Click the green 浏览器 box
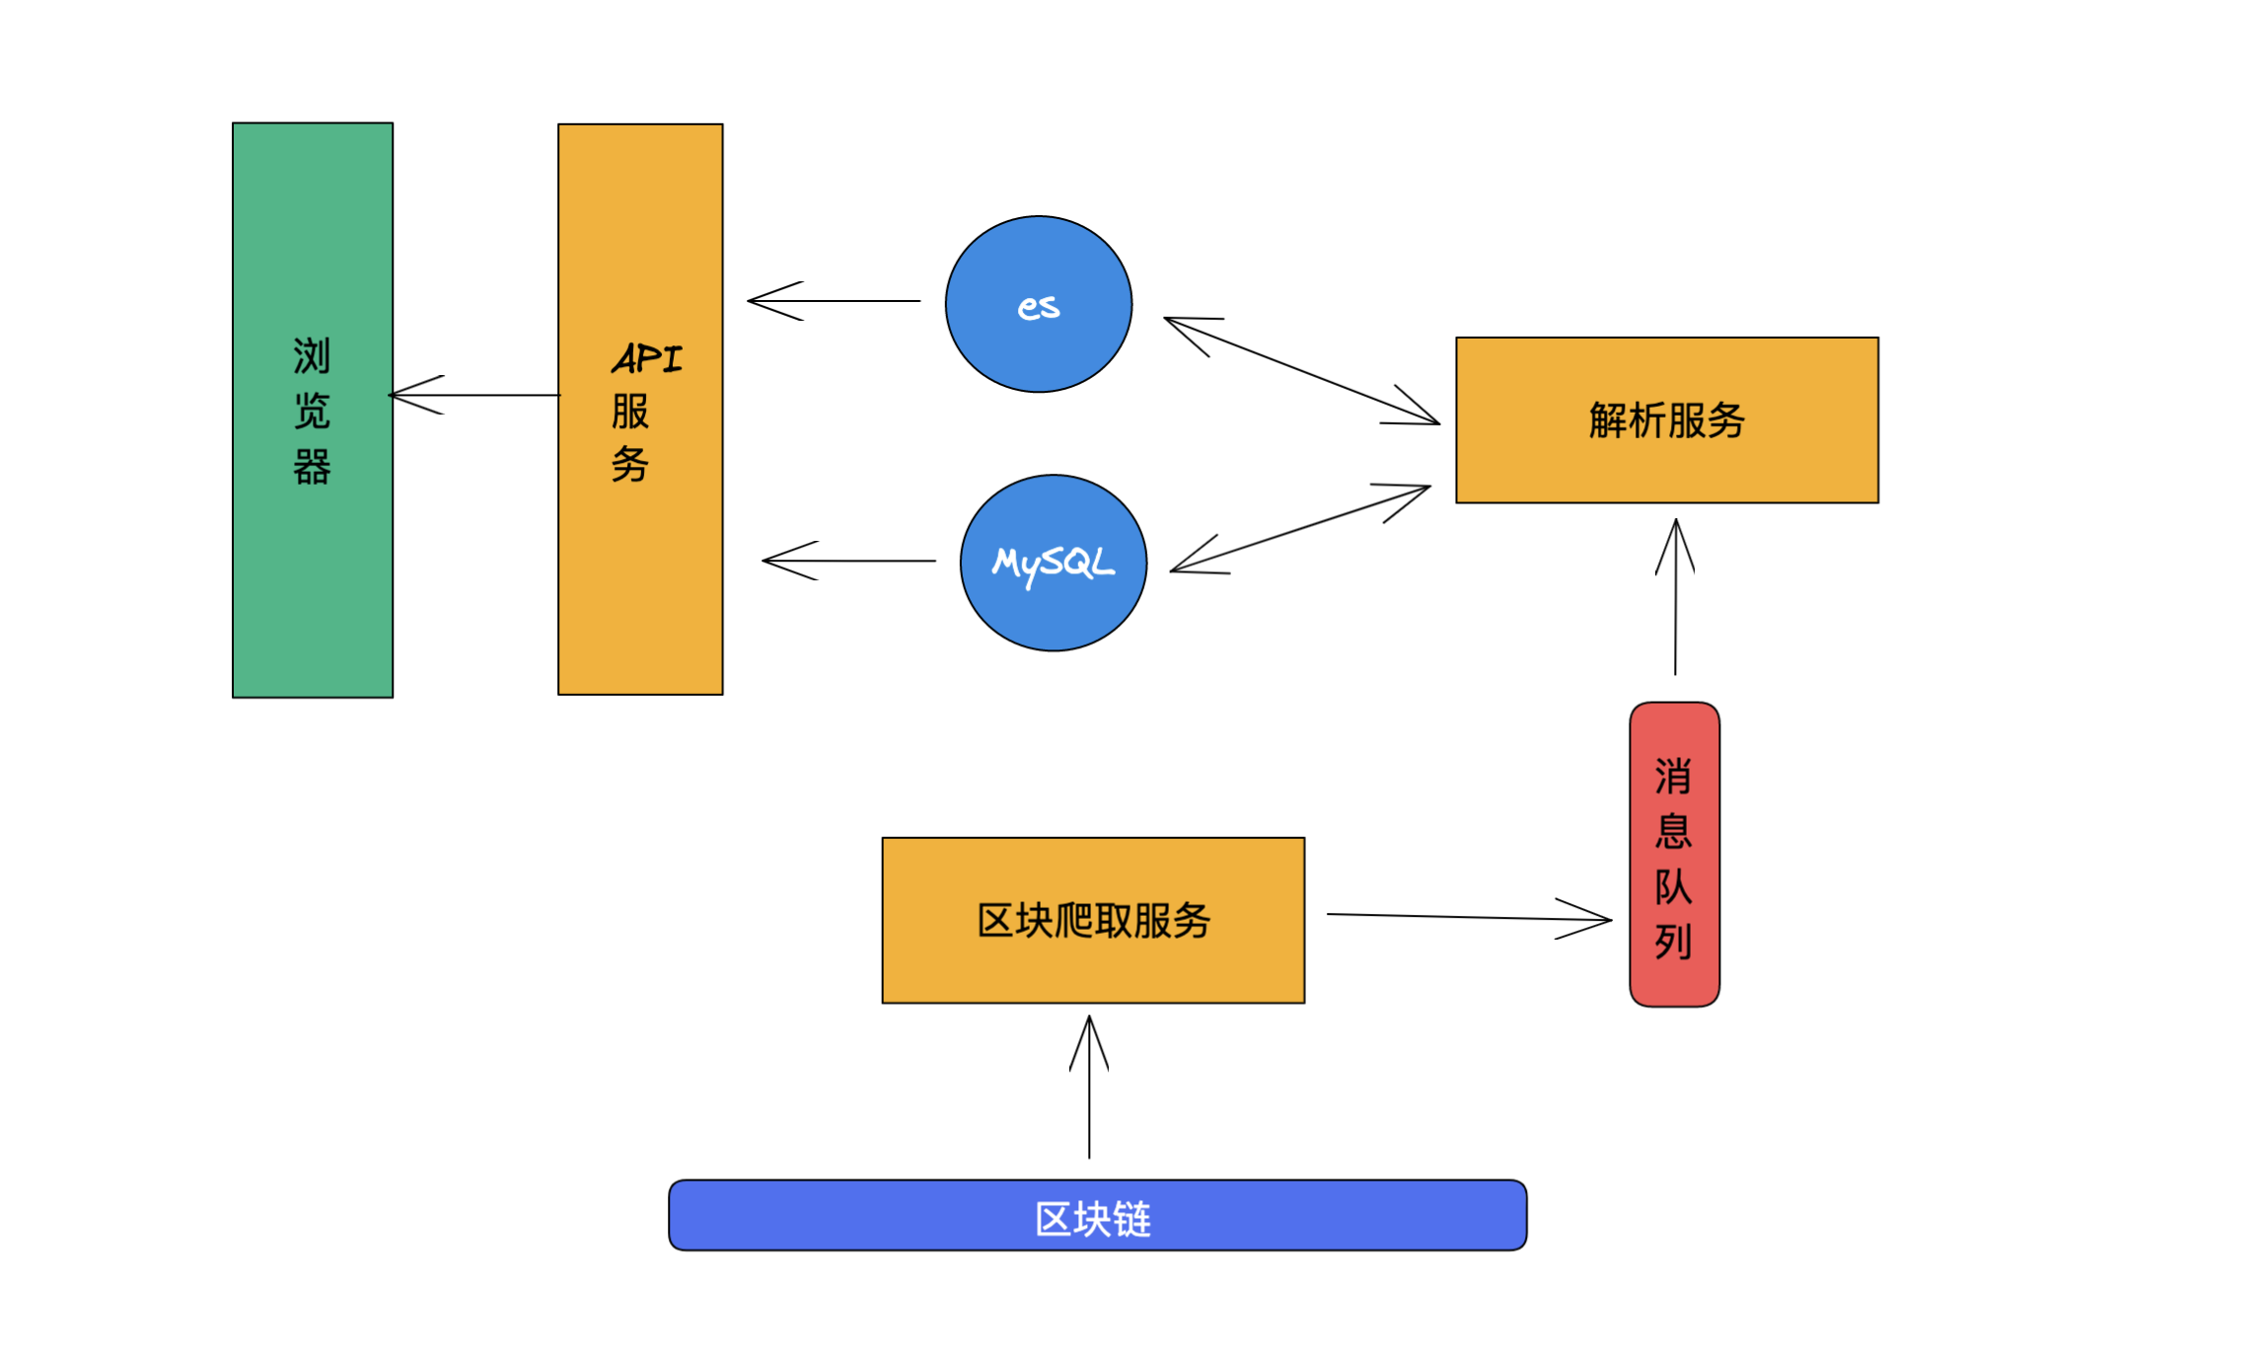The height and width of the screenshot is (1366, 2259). coord(313,553)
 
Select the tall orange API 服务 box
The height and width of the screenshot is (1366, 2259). coord(640,572)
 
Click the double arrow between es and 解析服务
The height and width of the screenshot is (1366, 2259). coord(1302,371)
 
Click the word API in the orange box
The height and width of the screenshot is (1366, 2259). coord(647,358)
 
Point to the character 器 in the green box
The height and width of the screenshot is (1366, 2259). coord(312,467)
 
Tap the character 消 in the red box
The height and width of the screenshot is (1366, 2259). coord(1673,777)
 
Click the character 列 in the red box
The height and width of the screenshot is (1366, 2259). coord(1673,941)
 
